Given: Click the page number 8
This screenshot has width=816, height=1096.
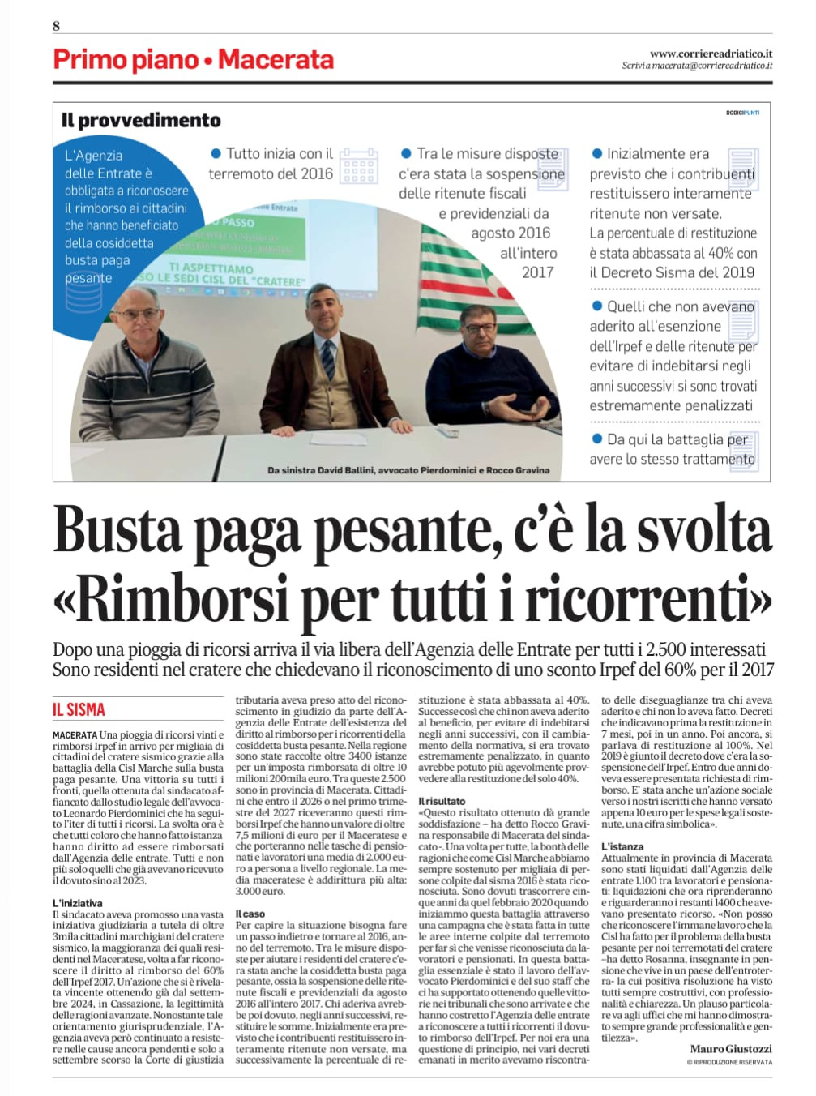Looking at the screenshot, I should pos(56,26).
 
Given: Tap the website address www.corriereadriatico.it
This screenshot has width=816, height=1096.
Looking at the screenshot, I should pos(711,53).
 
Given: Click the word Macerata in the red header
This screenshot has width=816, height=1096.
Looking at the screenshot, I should pos(276,59).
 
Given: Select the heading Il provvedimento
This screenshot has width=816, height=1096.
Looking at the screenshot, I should pos(141,120).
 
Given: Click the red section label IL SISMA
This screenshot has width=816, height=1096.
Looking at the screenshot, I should pos(79,709).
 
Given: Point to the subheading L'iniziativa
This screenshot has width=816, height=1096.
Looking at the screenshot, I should pos(77,903).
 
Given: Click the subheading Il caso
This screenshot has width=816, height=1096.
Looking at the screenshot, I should pos(250,914).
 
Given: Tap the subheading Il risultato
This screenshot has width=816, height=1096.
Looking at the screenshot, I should pos(442,801).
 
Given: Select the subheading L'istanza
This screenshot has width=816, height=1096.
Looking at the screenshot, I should pos(622,846).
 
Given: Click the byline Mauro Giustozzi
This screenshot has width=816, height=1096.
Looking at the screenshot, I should pos(731,1048).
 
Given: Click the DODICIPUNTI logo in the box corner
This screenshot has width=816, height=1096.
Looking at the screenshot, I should pos(742,113).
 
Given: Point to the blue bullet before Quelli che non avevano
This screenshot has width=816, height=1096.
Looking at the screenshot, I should pos(597,306).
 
